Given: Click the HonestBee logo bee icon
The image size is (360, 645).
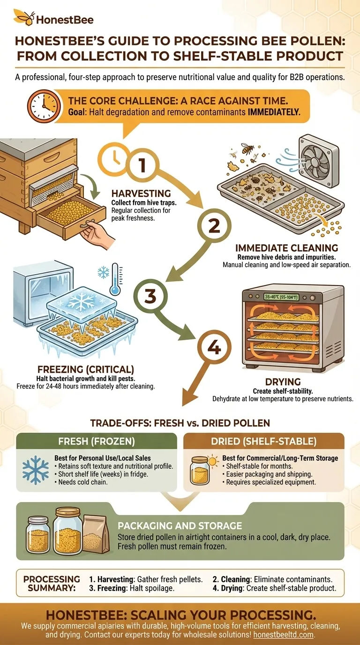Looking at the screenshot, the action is [x=24, y=17].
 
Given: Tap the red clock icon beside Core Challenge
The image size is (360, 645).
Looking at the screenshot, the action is [x=44, y=106].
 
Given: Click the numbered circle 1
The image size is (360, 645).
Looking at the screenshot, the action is [x=142, y=165].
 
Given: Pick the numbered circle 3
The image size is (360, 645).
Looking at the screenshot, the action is [x=150, y=296].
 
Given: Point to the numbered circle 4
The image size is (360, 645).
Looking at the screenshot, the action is [x=214, y=347].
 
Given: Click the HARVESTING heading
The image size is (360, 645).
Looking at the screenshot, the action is [x=141, y=193].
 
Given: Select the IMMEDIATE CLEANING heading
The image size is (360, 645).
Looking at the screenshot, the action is [x=286, y=248].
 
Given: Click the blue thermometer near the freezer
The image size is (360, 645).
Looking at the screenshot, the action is [x=116, y=279].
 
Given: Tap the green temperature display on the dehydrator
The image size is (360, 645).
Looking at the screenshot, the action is [x=281, y=297].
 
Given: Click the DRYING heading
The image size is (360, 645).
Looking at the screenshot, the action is [x=283, y=382].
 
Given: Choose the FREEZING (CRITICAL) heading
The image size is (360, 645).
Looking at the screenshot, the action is [x=85, y=369].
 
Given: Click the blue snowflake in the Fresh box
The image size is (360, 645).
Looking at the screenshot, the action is [x=36, y=470].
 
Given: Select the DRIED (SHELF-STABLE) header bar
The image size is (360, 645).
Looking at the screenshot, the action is [x=264, y=441].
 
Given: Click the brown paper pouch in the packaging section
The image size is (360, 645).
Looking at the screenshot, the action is [x=96, y=534].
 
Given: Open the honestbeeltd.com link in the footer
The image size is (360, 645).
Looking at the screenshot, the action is [x=284, y=635].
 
